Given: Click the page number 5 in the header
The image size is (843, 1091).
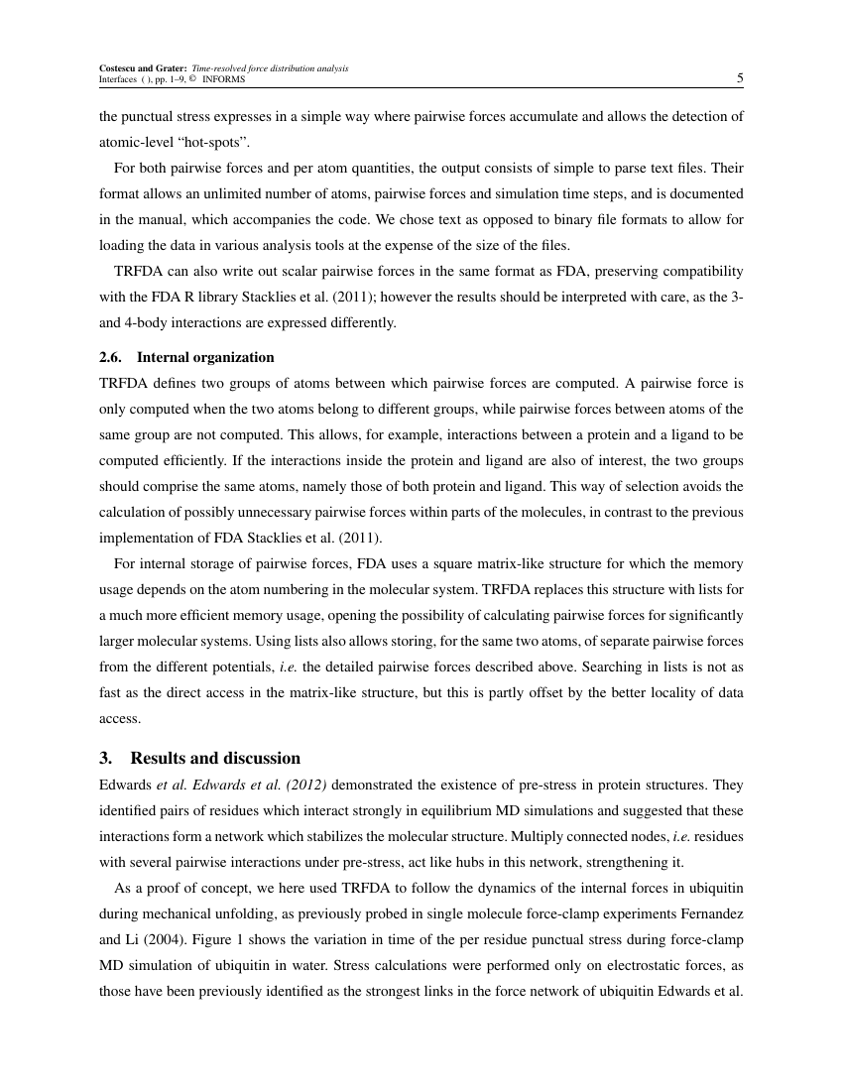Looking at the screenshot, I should tap(739, 78).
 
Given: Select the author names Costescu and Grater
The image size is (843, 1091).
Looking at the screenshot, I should tap(143, 67).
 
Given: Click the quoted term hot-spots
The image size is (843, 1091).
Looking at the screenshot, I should tap(214, 142).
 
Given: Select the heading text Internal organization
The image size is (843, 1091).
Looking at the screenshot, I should tap(205, 357).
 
